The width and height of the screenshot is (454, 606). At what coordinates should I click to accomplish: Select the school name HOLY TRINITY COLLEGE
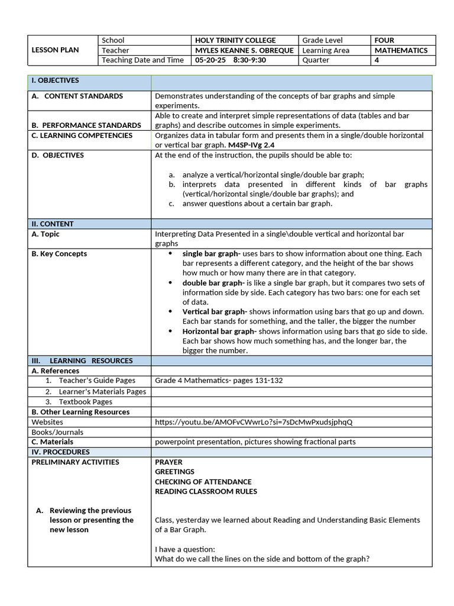[x=235, y=40]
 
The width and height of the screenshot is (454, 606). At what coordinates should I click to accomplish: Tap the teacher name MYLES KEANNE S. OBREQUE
[x=244, y=50]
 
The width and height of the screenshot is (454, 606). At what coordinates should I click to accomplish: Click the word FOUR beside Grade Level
[x=384, y=40]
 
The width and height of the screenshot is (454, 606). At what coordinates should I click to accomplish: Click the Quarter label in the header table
[x=316, y=60]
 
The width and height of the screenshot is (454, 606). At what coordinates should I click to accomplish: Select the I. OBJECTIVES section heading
[x=55, y=80]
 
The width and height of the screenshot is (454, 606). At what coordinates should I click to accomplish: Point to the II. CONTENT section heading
[x=53, y=224]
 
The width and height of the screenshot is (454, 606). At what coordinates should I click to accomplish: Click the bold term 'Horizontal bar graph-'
[x=219, y=331]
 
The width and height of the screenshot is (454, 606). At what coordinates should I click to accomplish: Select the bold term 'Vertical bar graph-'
[x=215, y=311]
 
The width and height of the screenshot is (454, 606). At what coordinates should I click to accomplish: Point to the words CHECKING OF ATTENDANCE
[x=203, y=482]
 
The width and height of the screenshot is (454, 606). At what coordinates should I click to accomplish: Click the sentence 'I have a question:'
[x=185, y=549]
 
